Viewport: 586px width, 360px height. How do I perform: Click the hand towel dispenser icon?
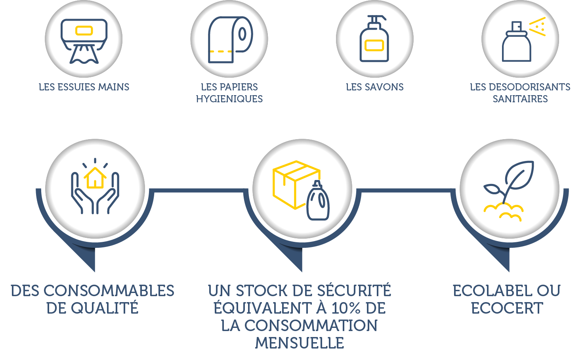point(84,40)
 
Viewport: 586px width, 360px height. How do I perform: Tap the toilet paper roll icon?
point(229,40)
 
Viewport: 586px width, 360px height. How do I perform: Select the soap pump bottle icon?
point(374,40)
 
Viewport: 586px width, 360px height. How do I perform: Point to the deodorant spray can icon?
point(517,44)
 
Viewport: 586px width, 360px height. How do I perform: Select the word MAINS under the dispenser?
point(114,87)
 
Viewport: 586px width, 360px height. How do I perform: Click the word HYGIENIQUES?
point(229,99)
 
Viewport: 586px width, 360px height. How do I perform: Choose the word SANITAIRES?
point(520,99)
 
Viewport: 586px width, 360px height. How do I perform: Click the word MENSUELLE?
point(300,343)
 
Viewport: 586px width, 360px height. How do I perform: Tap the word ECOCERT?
point(507,308)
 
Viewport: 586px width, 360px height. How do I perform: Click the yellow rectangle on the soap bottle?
point(374,46)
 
